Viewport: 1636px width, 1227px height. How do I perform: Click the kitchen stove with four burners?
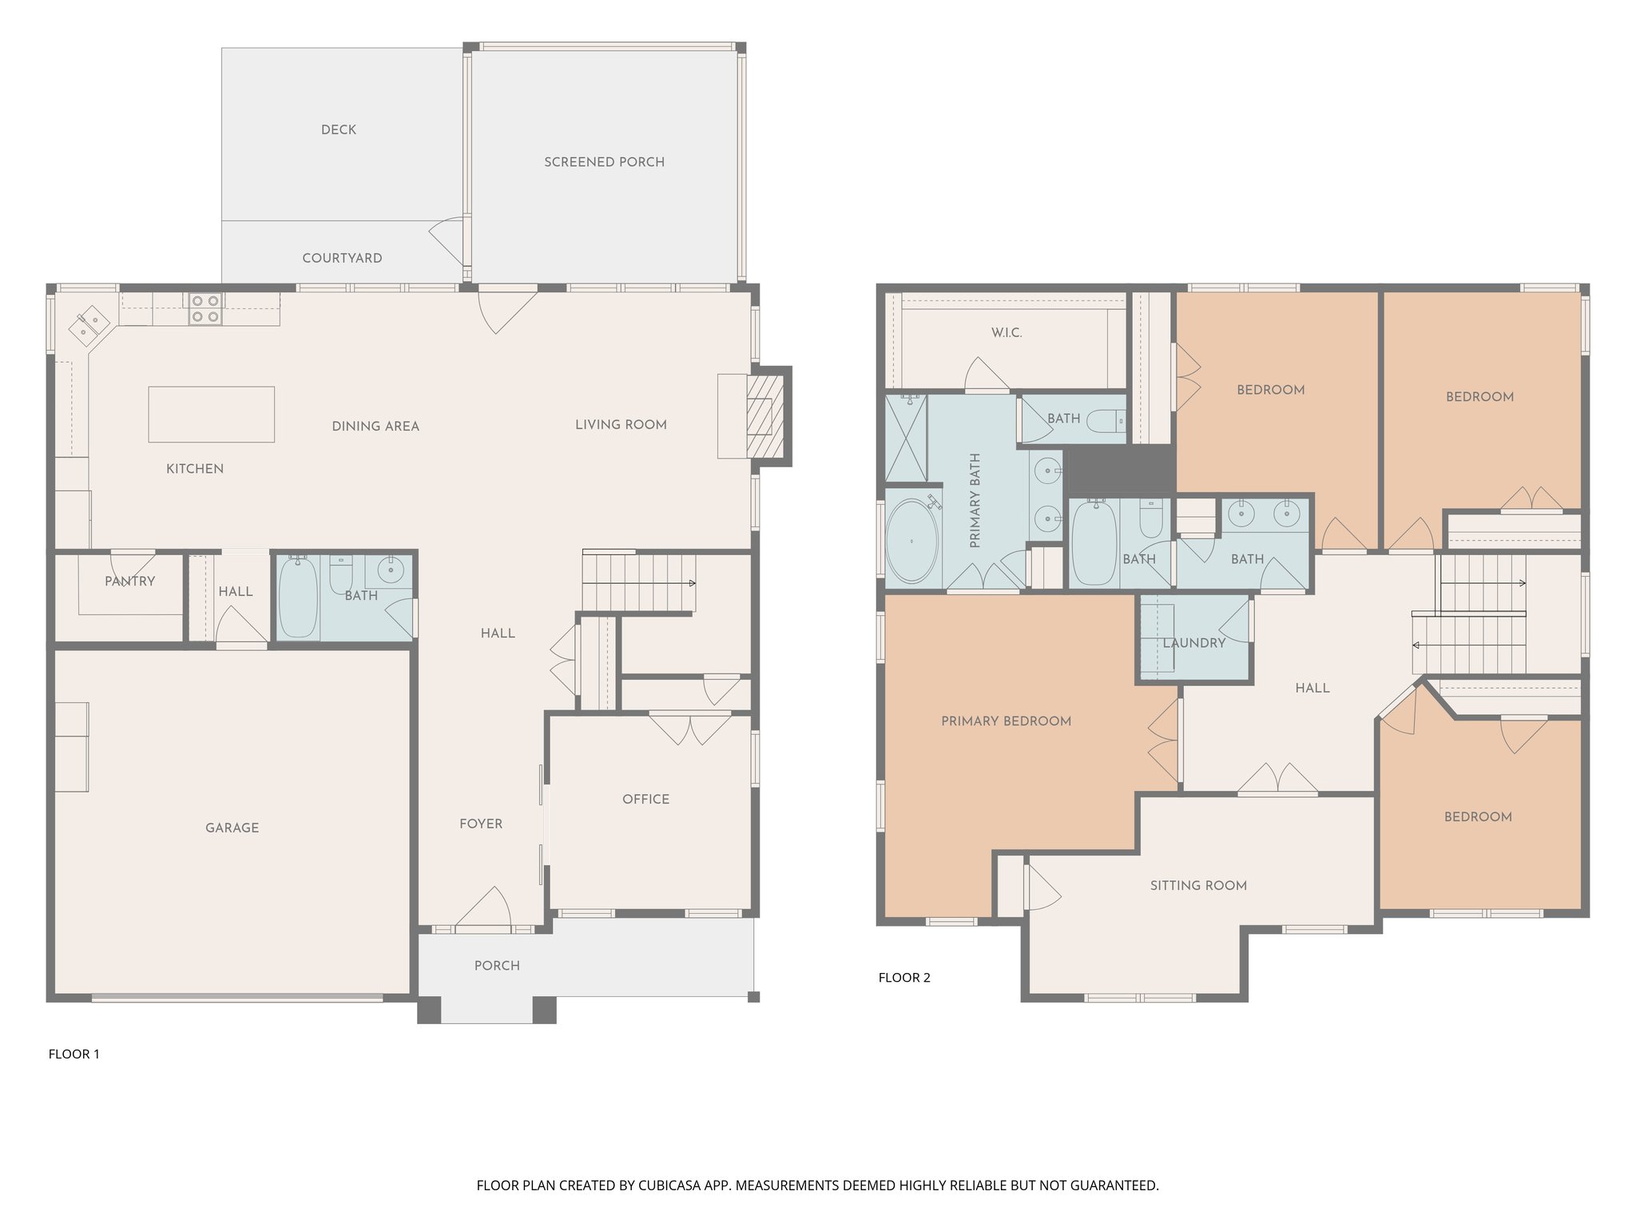206,309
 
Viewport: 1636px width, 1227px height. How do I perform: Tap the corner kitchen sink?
89,324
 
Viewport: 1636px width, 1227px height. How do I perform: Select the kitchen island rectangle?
211,414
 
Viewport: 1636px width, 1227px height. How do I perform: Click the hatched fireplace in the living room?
760,415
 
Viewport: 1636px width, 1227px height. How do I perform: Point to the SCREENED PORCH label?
604,162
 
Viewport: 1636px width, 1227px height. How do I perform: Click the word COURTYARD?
342,258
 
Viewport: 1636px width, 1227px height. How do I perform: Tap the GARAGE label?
232,828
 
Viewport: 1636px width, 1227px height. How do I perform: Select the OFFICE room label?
645,799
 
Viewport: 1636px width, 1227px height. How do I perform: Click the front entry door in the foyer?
483,911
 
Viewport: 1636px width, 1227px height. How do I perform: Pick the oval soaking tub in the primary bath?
913,541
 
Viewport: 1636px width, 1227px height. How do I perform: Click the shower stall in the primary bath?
906,439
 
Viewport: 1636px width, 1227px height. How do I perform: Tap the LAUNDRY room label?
1193,643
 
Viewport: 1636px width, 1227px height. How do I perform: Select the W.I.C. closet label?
1006,332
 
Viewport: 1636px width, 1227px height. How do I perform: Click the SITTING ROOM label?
1197,885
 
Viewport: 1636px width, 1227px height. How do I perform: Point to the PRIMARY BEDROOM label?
1006,721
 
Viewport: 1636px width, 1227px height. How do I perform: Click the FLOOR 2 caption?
903,977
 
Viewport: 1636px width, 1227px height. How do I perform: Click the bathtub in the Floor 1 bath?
297,597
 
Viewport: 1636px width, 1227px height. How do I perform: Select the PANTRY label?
129,582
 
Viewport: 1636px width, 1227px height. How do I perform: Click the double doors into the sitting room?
1277,781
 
